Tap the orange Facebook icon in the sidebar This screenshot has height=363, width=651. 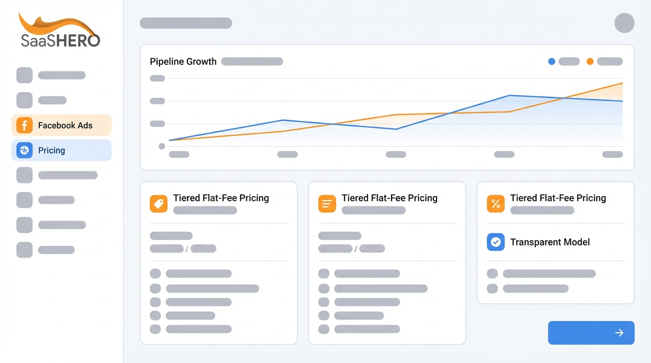tap(24, 125)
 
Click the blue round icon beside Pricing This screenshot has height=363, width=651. tap(24, 150)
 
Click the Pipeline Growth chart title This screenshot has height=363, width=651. tap(183, 61)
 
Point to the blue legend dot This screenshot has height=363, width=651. tap(551, 61)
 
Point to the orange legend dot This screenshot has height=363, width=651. tap(590, 61)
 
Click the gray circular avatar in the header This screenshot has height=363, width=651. tap(624, 23)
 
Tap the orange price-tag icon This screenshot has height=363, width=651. tap(158, 204)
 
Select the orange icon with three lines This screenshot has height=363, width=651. tap(327, 204)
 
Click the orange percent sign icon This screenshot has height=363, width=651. tap(495, 204)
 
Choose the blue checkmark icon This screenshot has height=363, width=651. tap(495, 242)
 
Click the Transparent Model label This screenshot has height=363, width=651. tap(550, 242)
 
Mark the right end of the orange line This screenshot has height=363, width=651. tap(622, 83)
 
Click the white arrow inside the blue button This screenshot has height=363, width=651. tap(619, 333)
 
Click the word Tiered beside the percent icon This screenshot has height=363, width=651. tap(523, 198)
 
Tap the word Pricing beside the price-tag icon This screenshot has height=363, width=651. tap(254, 198)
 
